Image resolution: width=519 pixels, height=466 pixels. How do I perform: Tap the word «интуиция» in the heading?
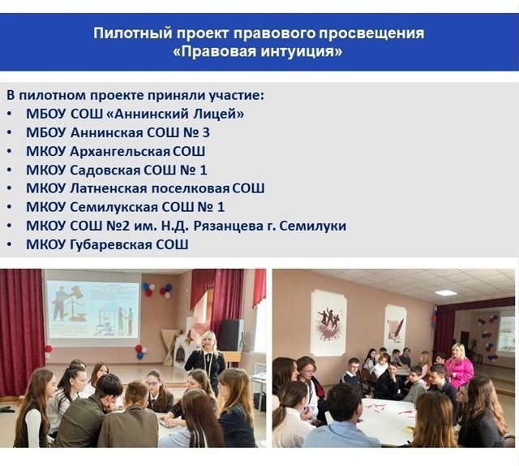click(x=297, y=52)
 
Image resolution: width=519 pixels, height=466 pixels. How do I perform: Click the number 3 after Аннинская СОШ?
click(x=205, y=132)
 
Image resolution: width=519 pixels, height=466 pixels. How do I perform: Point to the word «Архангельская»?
click(x=120, y=152)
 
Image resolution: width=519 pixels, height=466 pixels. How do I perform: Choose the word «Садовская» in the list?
click(x=105, y=170)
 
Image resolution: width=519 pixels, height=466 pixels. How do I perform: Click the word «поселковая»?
click(x=191, y=188)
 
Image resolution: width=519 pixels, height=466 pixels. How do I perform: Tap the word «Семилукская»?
click(x=114, y=208)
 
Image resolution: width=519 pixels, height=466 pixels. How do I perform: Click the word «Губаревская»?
click(x=111, y=244)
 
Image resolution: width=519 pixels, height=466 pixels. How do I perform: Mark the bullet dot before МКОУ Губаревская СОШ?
click(x=9, y=244)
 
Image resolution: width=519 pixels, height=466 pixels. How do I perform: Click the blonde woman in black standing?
click(x=205, y=356)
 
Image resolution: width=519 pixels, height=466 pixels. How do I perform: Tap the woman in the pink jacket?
click(x=459, y=366)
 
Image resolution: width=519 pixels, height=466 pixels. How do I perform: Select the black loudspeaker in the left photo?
click(x=231, y=335)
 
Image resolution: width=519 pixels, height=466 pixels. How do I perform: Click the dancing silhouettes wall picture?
click(x=328, y=321)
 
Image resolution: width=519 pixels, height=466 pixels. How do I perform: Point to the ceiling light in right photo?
click(x=444, y=292)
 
